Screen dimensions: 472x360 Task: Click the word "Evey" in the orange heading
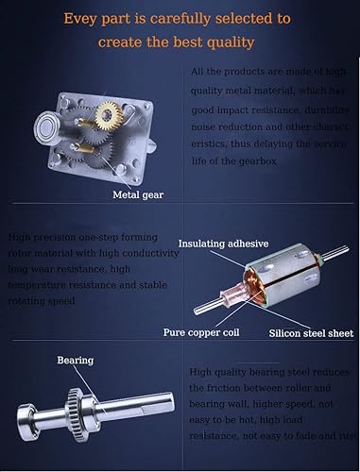click(82, 18)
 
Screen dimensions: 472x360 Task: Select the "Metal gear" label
click(139, 196)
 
